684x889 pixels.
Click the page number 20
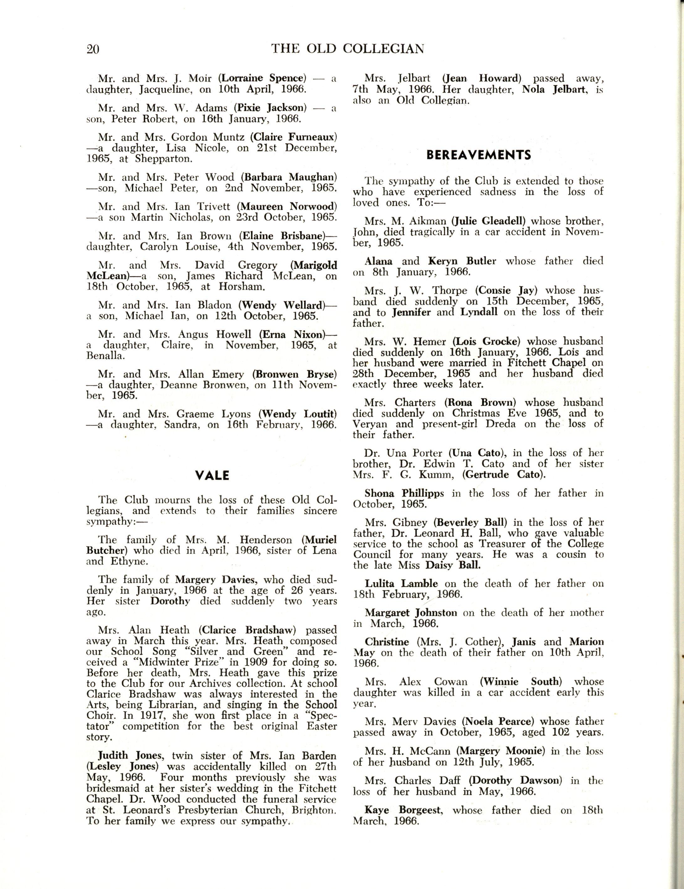[x=93, y=49]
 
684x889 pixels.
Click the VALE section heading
[x=213, y=476]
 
